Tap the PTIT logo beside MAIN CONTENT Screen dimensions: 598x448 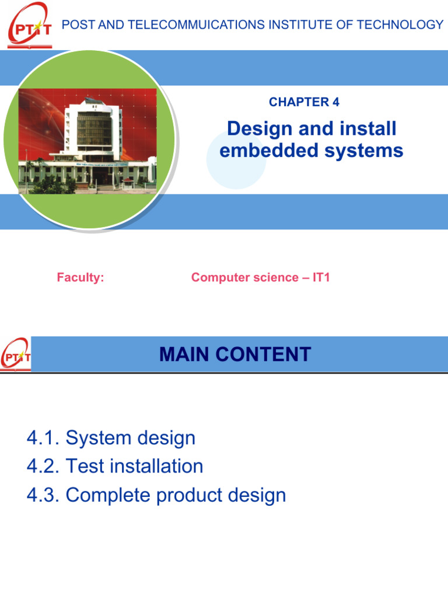[16, 354]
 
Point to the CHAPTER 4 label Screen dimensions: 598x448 [304, 102]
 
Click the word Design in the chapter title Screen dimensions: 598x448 [254, 128]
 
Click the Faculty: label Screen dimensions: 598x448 [80, 277]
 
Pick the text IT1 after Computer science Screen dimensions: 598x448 [321, 277]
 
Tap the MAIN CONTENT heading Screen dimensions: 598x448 [235, 354]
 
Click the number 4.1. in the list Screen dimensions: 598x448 [44, 438]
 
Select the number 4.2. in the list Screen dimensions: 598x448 [44, 467]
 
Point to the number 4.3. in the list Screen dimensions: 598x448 [44, 495]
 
